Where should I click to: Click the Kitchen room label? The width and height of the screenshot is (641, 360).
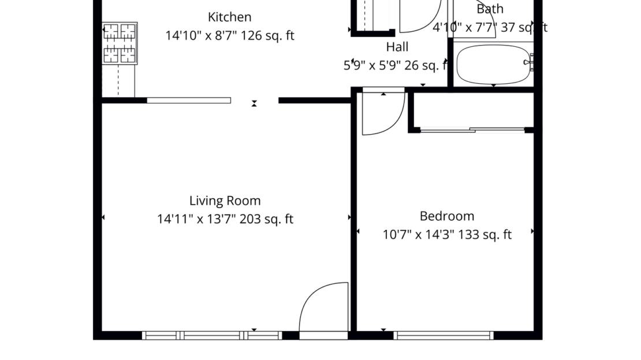pyautogui.click(x=229, y=17)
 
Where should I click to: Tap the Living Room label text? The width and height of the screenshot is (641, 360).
pyautogui.click(x=225, y=201)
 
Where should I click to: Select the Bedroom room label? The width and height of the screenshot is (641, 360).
pyautogui.click(x=446, y=216)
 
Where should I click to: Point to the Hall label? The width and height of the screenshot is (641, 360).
pyautogui.click(x=397, y=47)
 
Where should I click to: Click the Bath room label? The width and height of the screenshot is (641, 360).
pyautogui.click(x=490, y=9)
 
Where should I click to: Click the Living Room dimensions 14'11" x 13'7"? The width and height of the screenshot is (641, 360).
pyautogui.click(x=196, y=219)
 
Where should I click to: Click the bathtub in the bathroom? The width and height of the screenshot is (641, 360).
pyautogui.click(x=493, y=64)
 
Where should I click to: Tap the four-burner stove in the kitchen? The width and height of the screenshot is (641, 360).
pyautogui.click(x=120, y=43)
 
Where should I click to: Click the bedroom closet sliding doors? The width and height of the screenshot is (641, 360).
pyautogui.click(x=472, y=130)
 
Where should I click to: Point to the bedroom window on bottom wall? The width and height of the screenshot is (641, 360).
pyautogui.click(x=444, y=335)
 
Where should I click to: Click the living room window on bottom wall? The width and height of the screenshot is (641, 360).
pyautogui.click(x=212, y=335)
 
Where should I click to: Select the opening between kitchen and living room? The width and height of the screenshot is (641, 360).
pyautogui.click(x=255, y=101)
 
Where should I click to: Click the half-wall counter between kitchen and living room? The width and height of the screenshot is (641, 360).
pyautogui.click(x=189, y=100)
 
